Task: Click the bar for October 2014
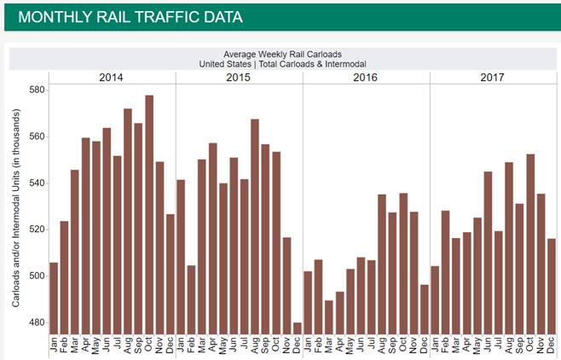[149, 214]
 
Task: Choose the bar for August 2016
[382, 264]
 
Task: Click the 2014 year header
[111, 78]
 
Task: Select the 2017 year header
[492, 78]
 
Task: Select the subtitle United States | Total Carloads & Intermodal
[280, 64]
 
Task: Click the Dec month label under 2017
[552, 345]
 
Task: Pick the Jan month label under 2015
[181, 345]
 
